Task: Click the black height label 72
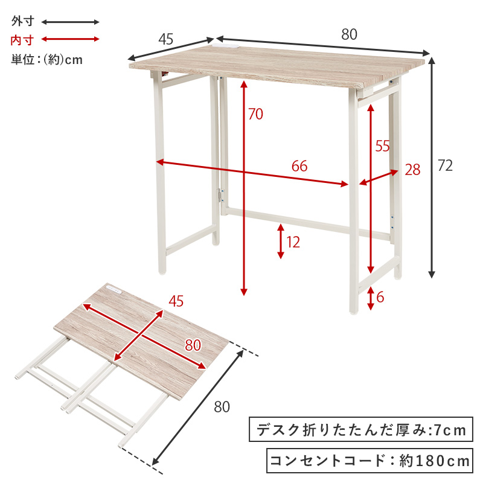[x=445, y=165]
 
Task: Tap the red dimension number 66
[x=299, y=167]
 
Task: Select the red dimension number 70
[x=255, y=114]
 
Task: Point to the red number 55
[x=382, y=146]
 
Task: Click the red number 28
[x=412, y=170]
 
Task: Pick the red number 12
[x=293, y=243]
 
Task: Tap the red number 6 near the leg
[x=380, y=297]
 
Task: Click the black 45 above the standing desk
[x=166, y=39]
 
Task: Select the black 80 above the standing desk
[x=349, y=34]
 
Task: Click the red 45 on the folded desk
[x=176, y=301]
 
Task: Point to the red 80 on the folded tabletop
[x=193, y=345]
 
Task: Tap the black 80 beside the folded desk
[x=222, y=407]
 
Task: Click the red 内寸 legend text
[x=22, y=40]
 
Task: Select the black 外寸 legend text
[x=22, y=21]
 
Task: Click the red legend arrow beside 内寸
[x=70, y=39]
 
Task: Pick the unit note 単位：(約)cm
[x=47, y=59]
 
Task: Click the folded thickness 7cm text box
[x=360, y=429]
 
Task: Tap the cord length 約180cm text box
[x=369, y=461]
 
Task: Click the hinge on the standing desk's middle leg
[x=220, y=196]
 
